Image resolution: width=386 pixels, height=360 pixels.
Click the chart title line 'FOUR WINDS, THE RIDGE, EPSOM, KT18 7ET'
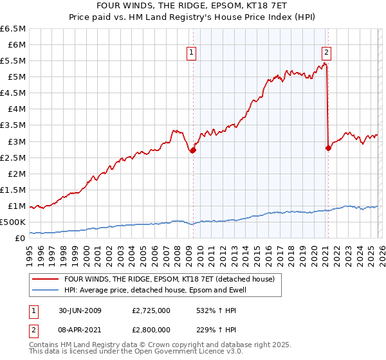(x=193, y=6)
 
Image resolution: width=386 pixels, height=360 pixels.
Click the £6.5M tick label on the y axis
(x=14, y=29)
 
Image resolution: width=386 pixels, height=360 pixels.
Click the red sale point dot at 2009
(x=193, y=150)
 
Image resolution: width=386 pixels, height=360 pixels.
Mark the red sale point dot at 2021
(x=328, y=147)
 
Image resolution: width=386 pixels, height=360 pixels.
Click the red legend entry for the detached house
(x=169, y=279)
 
